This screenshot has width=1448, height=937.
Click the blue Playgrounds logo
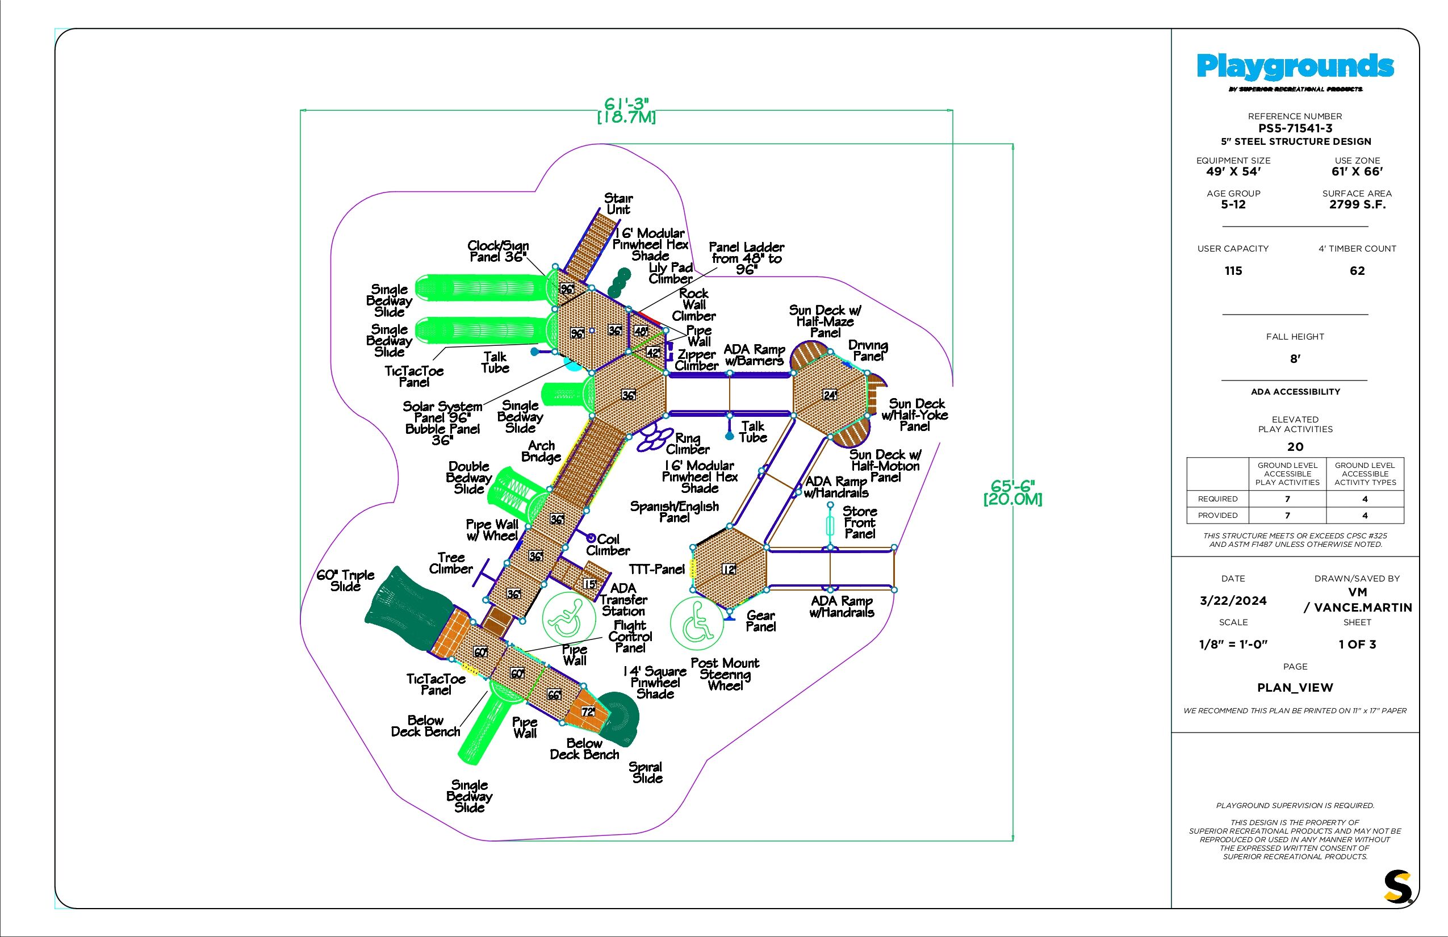1295,67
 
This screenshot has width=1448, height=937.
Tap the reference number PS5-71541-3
1295,128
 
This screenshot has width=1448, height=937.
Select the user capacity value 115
1233,271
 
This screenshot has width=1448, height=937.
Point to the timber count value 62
1357,271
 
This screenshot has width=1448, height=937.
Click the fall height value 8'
1295,359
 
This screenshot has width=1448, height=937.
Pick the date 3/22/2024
1233,601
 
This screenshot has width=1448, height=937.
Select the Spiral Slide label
646,772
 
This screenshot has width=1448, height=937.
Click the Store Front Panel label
860,522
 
